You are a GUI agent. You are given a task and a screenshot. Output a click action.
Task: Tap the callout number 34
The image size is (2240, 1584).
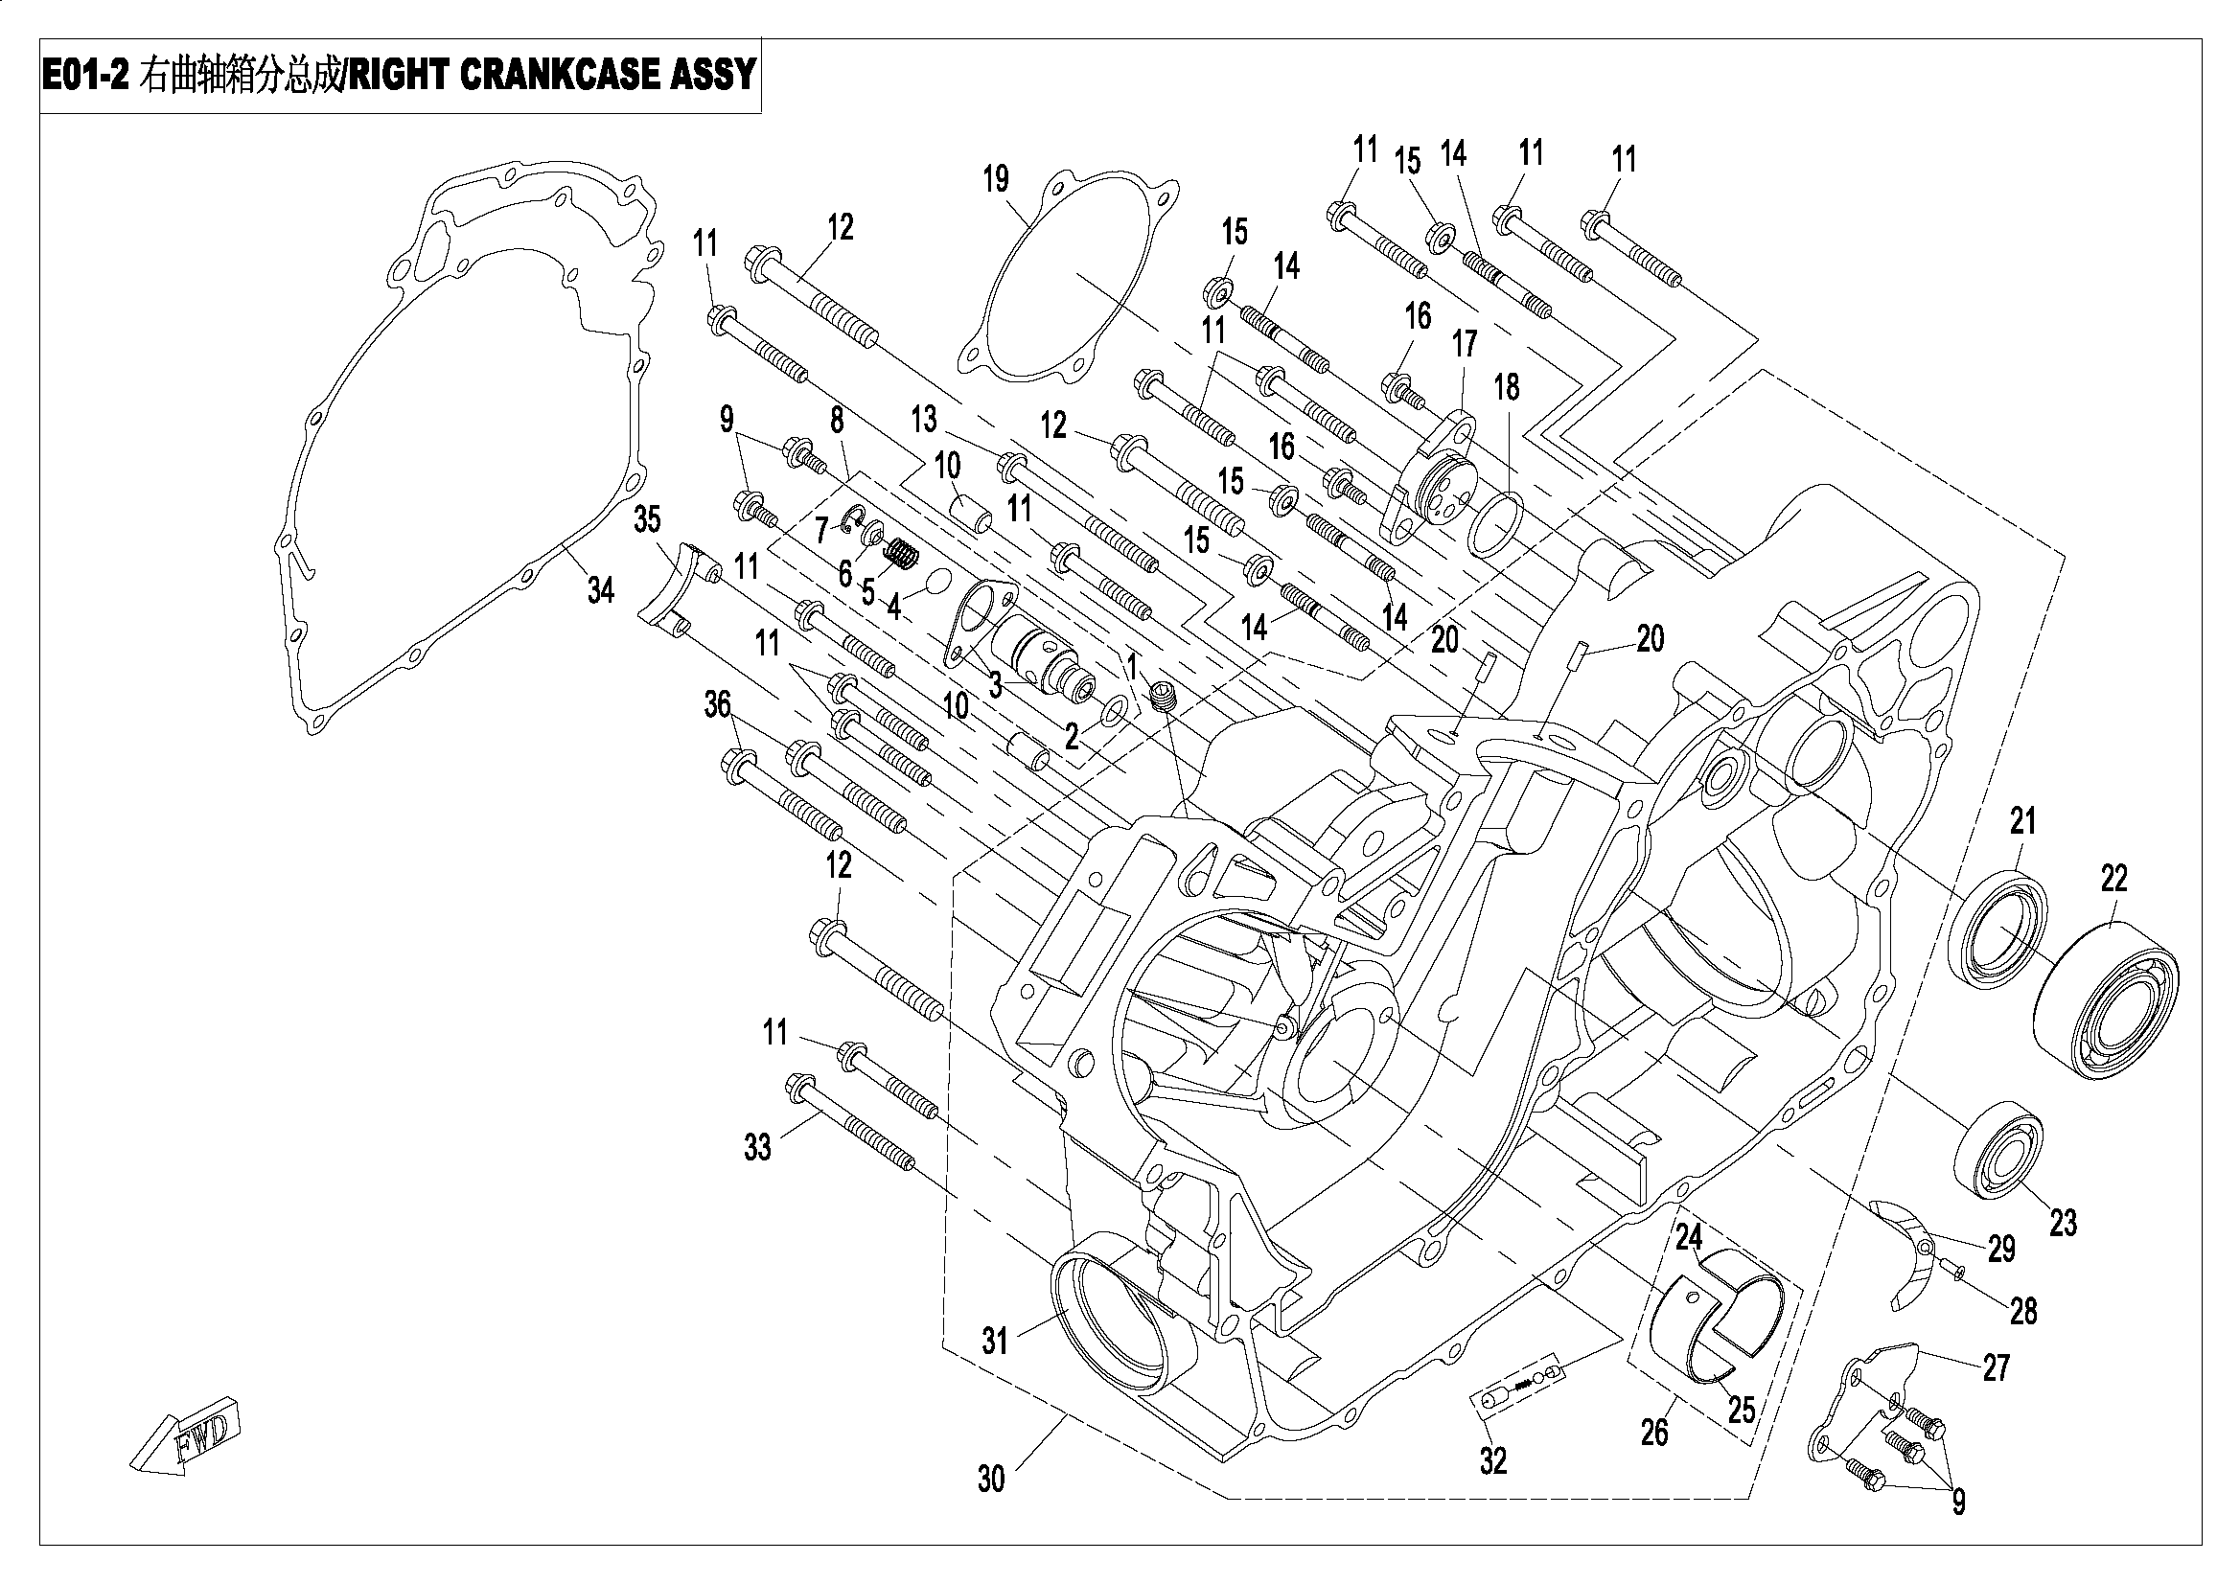[x=600, y=590]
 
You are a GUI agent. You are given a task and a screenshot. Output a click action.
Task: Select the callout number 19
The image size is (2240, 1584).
[x=995, y=179]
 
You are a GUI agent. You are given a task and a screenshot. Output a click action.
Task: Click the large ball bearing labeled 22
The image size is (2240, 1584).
[x=2108, y=1002]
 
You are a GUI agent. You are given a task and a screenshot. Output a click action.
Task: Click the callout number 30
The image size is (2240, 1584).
[x=990, y=1480]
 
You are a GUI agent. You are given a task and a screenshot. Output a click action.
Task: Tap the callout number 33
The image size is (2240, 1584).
[x=757, y=1148]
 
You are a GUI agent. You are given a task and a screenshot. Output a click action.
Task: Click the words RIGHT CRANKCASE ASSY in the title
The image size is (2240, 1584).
[x=551, y=75]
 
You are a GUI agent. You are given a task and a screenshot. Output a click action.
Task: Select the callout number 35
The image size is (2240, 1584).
[x=647, y=520]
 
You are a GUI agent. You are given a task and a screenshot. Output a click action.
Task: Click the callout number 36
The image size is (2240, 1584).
[x=717, y=704]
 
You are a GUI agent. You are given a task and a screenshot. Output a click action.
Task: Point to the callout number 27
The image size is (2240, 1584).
[x=1997, y=1368]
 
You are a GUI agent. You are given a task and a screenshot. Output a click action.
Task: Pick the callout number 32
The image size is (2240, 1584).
[x=1493, y=1460]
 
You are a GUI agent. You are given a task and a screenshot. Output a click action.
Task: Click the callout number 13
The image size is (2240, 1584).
[x=924, y=420]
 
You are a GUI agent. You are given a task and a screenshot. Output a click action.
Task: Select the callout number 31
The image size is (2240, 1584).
[x=994, y=1342]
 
